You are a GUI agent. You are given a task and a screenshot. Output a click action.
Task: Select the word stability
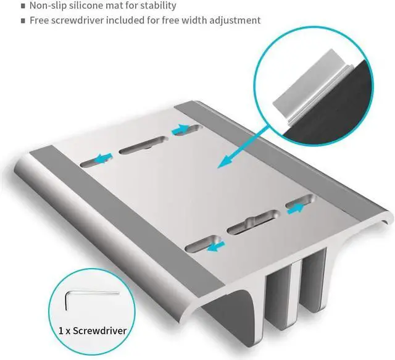click(155, 6)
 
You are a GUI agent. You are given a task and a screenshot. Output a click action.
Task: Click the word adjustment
click(237, 20)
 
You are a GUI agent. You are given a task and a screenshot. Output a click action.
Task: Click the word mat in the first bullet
click(122, 6)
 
